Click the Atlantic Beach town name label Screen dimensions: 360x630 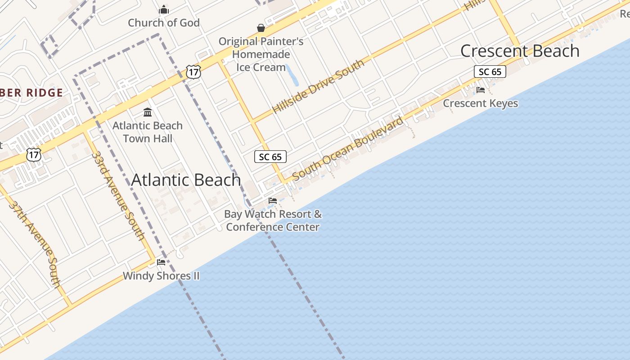[x=186, y=180]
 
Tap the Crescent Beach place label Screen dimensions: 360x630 [x=520, y=51]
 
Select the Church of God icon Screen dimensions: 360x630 [x=164, y=9]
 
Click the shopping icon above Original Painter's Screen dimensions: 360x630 [x=261, y=28]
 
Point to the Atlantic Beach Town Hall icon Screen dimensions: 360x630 [x=148, y=112]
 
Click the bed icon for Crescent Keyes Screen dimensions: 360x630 [x=481, y=90]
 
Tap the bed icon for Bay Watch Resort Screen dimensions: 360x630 [x=273, y=201]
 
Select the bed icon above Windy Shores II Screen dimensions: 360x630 [x=161, y=262]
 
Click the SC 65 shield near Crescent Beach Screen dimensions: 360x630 [x=490, y=72]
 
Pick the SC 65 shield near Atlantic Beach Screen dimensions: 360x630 [x=270, y=157]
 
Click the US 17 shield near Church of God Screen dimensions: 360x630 [x=193, y=72]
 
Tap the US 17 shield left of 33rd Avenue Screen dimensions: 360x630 [x=34, y=154]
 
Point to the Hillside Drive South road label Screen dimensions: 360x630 [x=318, y=86]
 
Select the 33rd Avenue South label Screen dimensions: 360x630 [x=118, y=195]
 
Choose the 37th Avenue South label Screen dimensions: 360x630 [x=35, y=243]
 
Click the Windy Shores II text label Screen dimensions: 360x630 [x=161, y=276]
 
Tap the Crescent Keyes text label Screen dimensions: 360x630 [x=481, y=103]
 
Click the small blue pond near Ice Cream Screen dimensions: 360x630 [x=293, y=75]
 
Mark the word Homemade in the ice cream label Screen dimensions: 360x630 [x=261, y=54]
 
